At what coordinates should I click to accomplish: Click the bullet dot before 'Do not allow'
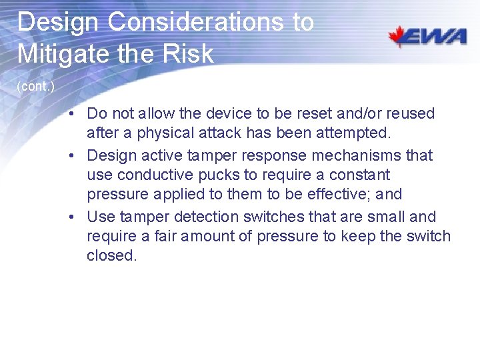pos(78,114)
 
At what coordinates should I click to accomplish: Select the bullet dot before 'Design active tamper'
pos(78,156)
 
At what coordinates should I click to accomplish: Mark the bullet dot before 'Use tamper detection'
pos(78,217)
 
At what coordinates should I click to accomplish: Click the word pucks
pos(216,175)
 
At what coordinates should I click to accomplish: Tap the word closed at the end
pos(111,256)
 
